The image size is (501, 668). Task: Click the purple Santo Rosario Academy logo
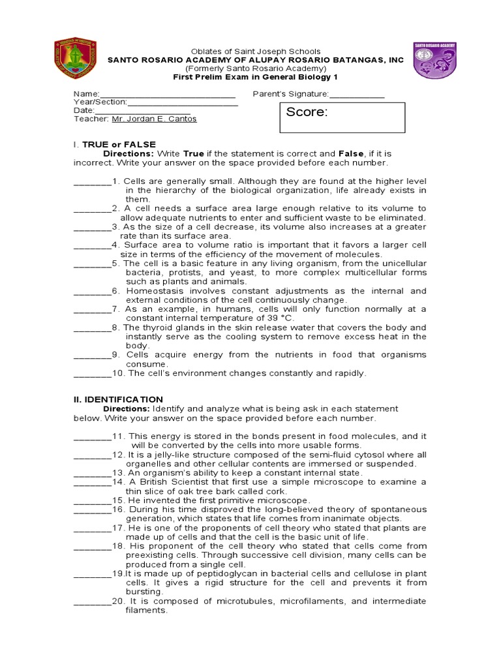click(x=434, y=60)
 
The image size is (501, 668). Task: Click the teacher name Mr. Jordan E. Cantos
click(x=154, y=119)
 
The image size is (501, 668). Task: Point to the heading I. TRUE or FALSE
click(x=114, y=144)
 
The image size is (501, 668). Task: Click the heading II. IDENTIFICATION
click(x=118, y=399)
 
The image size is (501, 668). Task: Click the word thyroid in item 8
click(x=151, y=327)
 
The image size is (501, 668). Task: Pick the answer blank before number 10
click(x=92, y=374)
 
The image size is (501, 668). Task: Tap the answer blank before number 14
click(x=92, y=482)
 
